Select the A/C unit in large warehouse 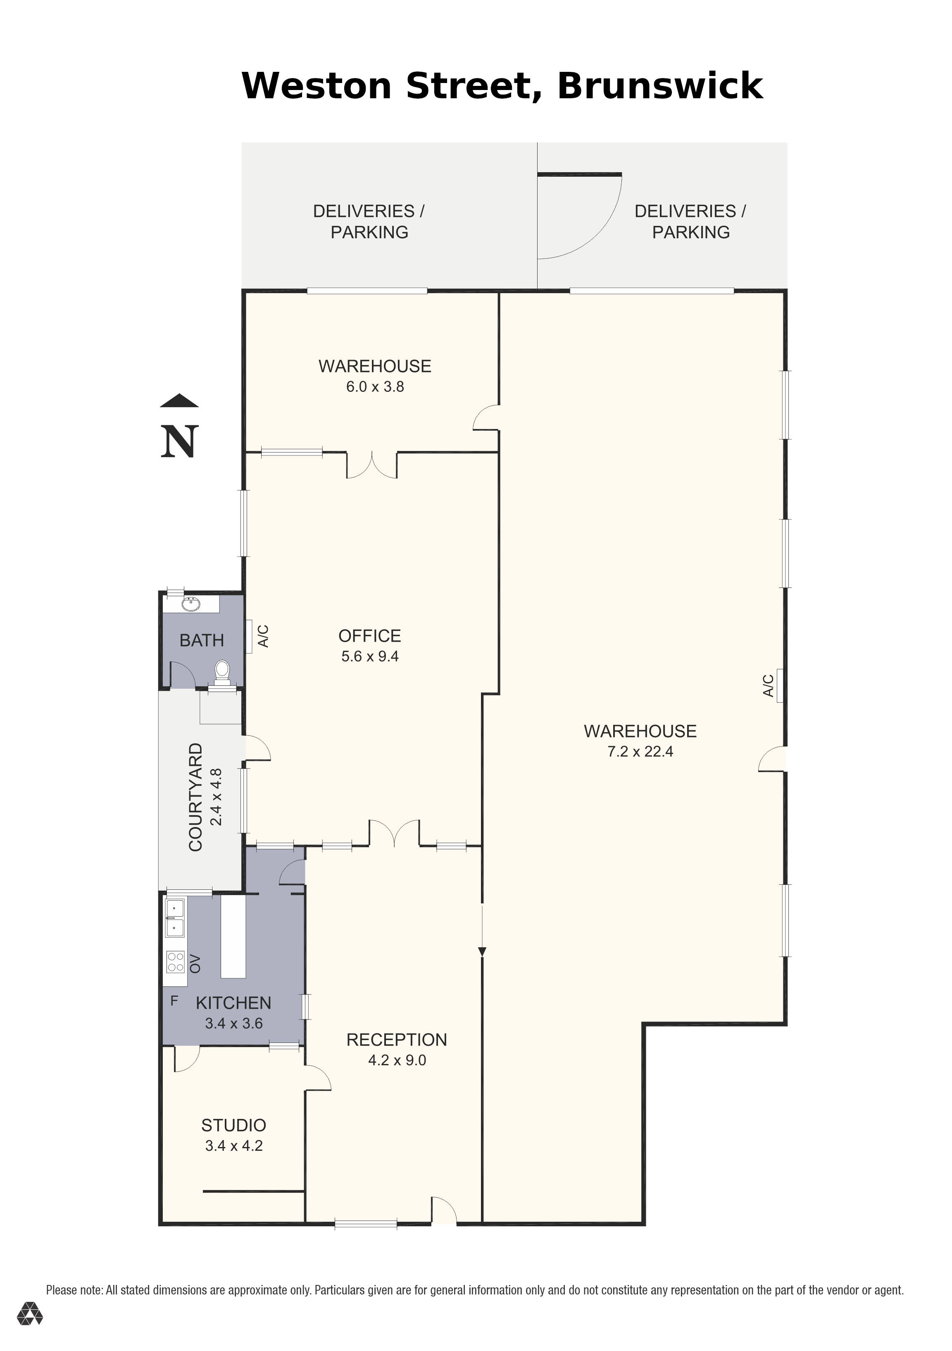coord(780,685)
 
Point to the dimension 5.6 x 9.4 coord(370,656)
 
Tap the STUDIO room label coord(234,1125)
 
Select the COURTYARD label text coord(195,797)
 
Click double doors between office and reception coord(395,833)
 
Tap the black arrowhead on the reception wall coord(482,951)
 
